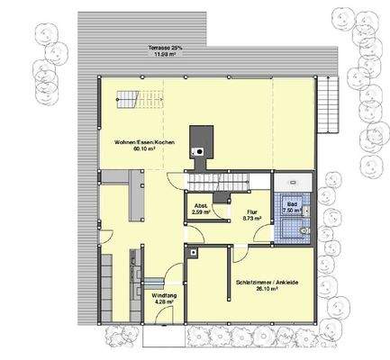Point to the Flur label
point(252,211)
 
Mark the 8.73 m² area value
point(252,218)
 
